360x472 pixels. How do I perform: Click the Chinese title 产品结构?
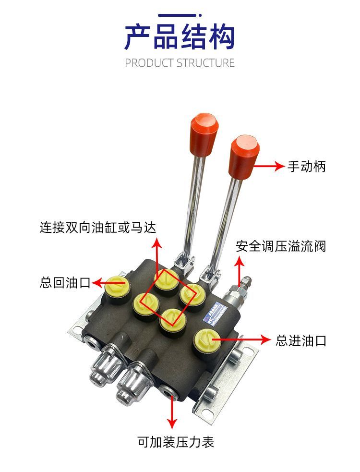click(180, 37)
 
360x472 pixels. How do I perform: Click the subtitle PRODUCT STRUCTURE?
click(180, 63)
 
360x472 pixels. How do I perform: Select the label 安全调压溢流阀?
click(281, 246)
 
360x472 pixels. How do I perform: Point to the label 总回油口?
click(65, 282)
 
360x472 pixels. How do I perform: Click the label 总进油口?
click(301, 341)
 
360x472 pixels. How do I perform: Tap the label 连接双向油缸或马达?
click(98, 227)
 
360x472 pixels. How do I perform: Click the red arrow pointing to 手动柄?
click(269, 167)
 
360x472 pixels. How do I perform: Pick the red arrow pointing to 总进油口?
click(240, 339)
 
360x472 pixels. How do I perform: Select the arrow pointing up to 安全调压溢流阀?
click(239, 271)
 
